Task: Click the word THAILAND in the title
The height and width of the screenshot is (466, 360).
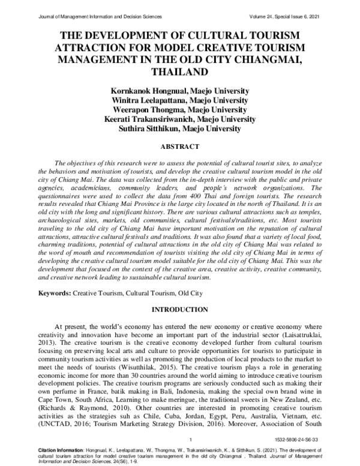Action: [179, 71]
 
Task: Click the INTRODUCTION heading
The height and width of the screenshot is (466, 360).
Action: [179, 309]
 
